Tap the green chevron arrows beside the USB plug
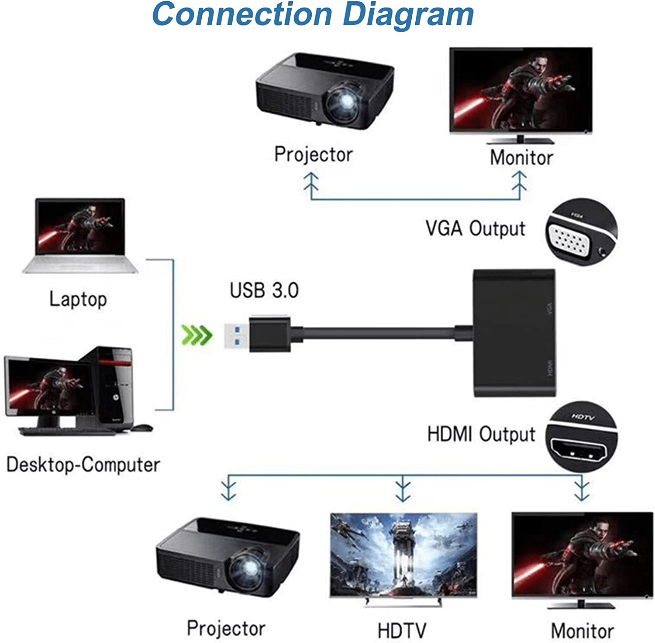pyautogui.click(x=196, y=335)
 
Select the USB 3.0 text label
pyautogui.click(x=264, y=291)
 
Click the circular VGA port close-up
pyautogui.click(x=581, y=233)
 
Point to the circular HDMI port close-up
pyautogui.click(x=581, y=438)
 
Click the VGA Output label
pyautogui.click(x=476, y=229)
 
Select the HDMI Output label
pyautogui.click(x=481, y=434)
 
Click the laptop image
pyautogui.click(x=80, y=236)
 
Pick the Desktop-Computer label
pyautogui.click(x=83, y=465)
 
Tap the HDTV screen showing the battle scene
pyautogui.click(x=403, y=554)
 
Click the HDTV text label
pyautogui.click(x=402, y=630)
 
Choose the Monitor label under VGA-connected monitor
pyautogui.click(x=521, y=157)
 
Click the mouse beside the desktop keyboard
pyautogui.click(x=142, y=428)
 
